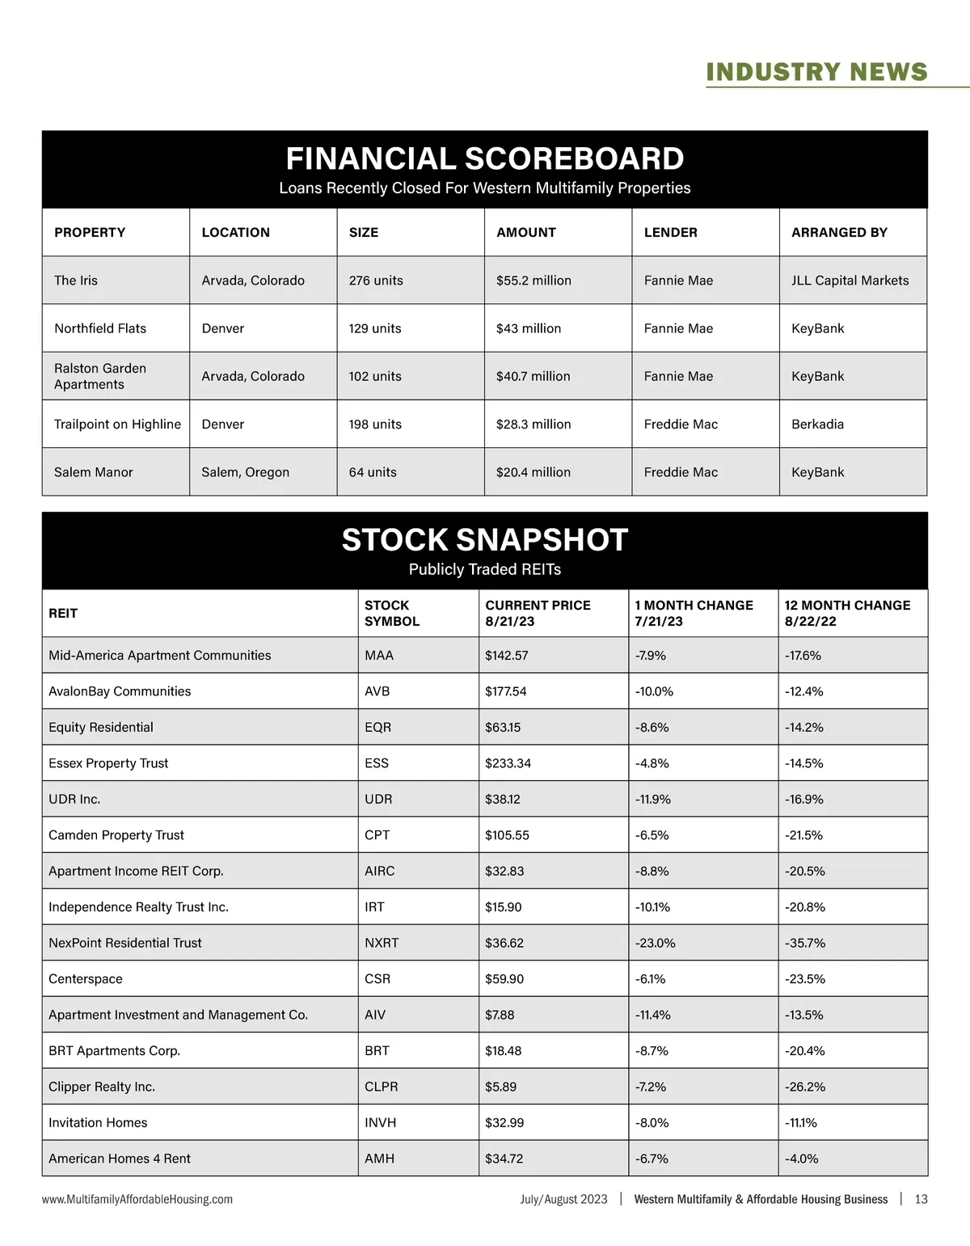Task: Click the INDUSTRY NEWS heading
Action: (x=816, y=72)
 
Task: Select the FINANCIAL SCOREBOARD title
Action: (x=485, y=158)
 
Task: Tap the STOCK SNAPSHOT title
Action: (x=485, y=540)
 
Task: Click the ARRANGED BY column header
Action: (x=839, y=232)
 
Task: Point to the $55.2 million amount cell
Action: (x=533, y=281)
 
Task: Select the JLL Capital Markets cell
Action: (x=850, y=281)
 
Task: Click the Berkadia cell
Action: (x=817, y=424)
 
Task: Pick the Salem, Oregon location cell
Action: (x=245, y=472)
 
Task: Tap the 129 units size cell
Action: (x=375, y=328)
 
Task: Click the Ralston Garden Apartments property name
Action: (x=100, y=376)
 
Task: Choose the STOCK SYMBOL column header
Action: (x=392, y=613)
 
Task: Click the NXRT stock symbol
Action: (x=382, y=943)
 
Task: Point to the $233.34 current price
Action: (x=508, y=763)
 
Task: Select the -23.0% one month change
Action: (x=655, y=943)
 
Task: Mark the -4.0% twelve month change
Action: (x=801, y=1159)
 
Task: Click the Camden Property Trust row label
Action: (x=116, y=835)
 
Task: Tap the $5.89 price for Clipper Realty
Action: (x=500, y=1087)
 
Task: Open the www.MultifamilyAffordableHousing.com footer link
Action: (x=137, y=1199)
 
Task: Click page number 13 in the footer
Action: (x=921, y=1199)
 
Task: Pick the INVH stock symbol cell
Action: (x=380, y=1122)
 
